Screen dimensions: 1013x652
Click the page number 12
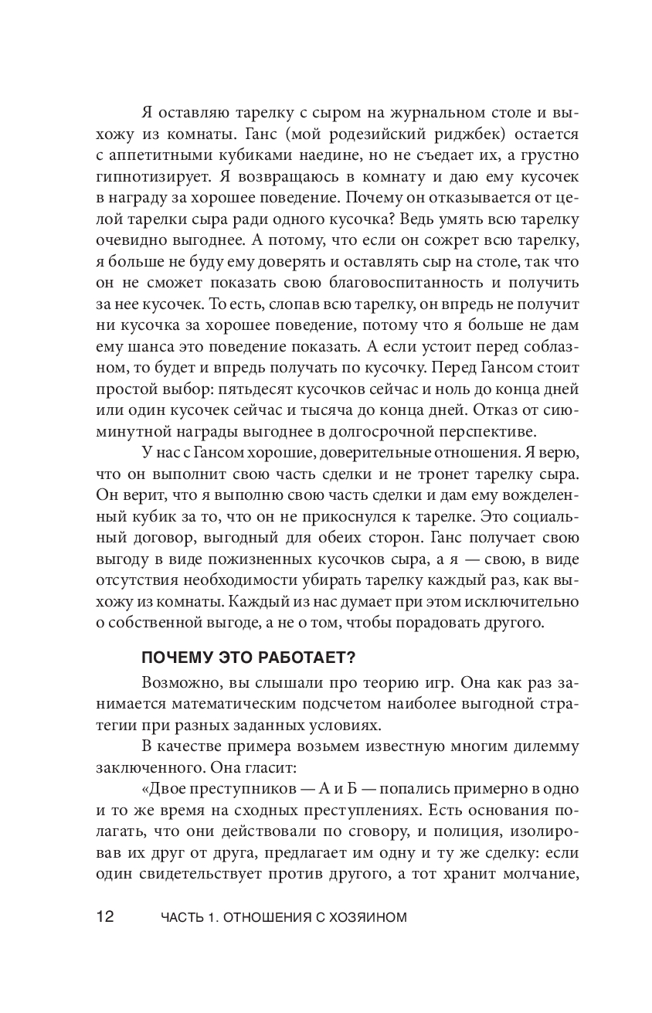(105, 917)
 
